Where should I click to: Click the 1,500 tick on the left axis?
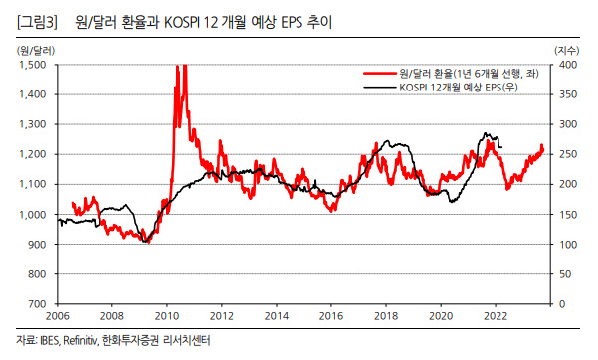(x=33, y=65)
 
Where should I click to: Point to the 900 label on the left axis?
(x=38, y=245)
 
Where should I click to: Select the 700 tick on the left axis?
(x=38, y=304)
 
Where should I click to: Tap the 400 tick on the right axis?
(x=568, y=65)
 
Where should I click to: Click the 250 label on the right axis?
(x=568, y=154)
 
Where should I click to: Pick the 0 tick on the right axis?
(x=562, y=304)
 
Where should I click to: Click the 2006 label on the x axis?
(x=58, y=316)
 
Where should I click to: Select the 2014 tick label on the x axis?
(x=277, y=316)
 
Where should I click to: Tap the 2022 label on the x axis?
(x=496, y=316)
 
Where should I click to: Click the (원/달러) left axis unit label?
(x=36, y=51)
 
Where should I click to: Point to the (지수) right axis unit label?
(x=567, y=51)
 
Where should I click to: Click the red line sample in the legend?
(x=379, y=74)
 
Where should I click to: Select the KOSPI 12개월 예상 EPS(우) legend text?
(x=459, y=88)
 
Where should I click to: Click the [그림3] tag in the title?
(x=37, y=22)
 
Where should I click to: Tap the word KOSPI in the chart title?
(x=182, y=23)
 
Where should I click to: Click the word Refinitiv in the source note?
(x=80, y=340)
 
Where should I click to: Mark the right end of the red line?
(x=542, y=150)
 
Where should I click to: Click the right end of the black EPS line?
(x=501, y=147)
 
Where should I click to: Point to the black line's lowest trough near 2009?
(x=145, y=241)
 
